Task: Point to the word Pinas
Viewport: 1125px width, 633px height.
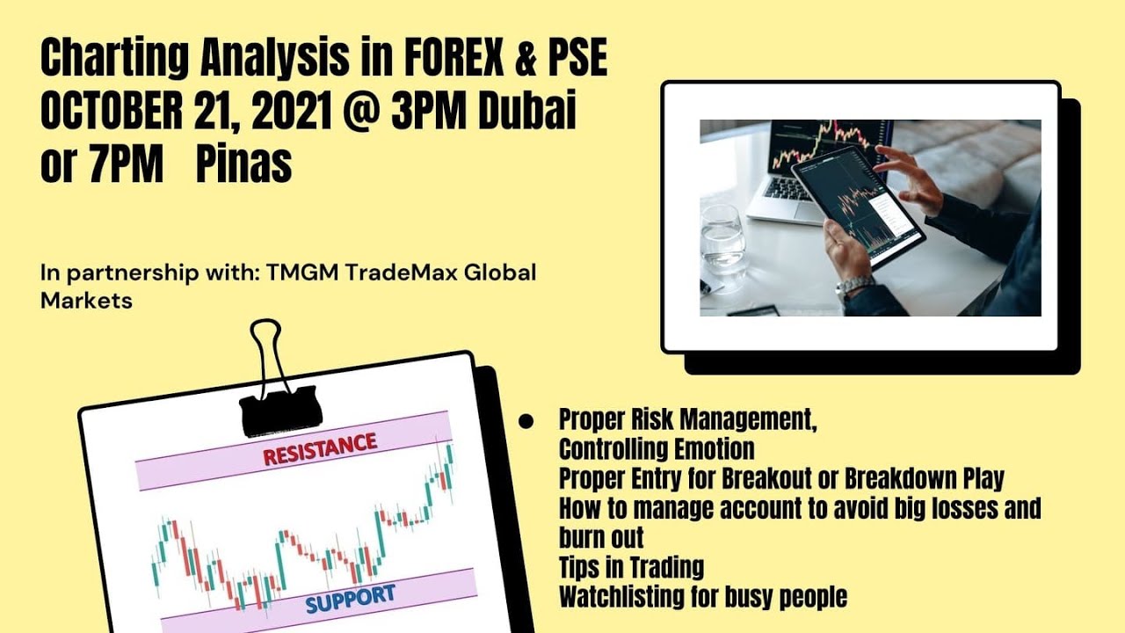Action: [x=243, y=165]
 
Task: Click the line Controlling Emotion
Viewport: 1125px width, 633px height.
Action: [x=656, y=449]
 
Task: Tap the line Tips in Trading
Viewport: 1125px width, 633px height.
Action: [x=631, y=567]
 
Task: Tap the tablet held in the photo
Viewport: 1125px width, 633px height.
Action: [x=857, y=207]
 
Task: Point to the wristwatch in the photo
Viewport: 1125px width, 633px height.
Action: [x=852, y=287]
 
